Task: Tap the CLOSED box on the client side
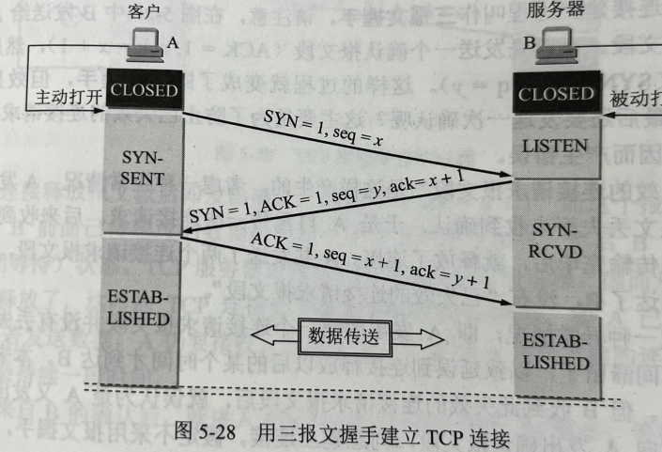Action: point(144,90)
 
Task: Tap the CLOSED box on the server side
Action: point(556,94)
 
